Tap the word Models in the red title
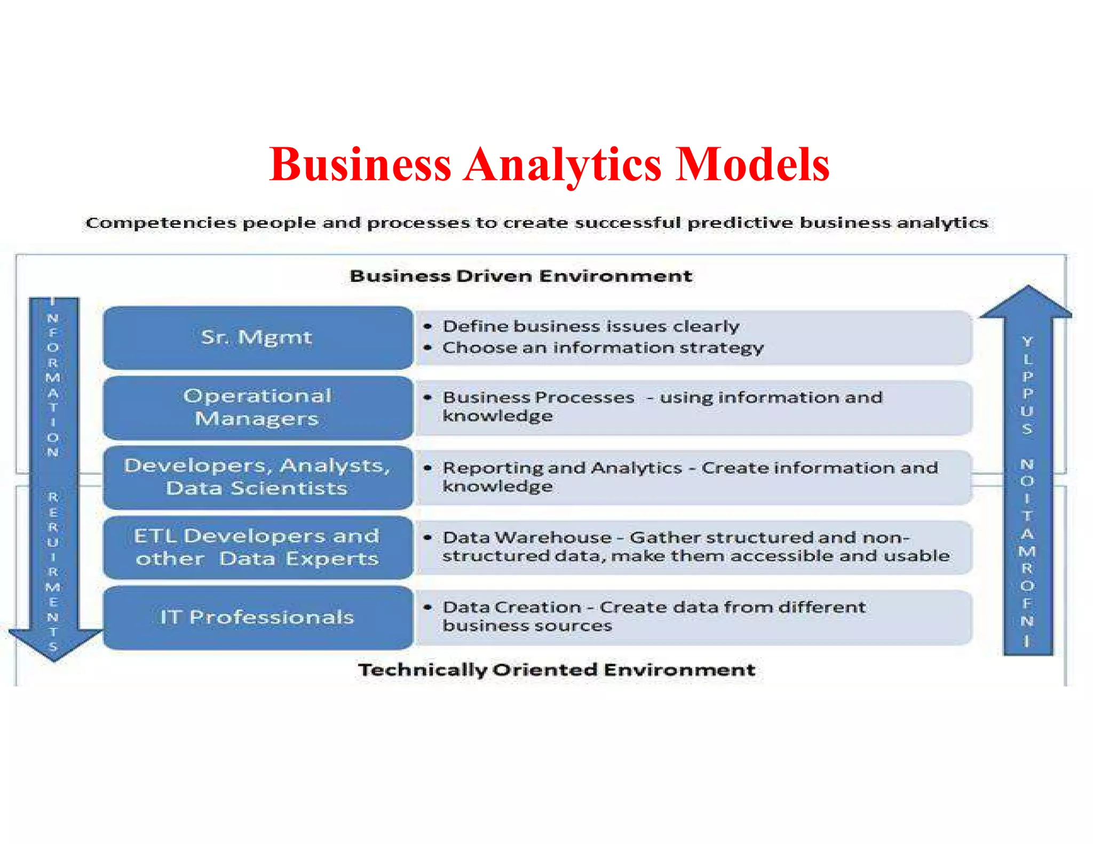(752, 164)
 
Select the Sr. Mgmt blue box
(257, 338)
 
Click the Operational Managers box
(257, 408)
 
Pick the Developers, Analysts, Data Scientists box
(257, 477)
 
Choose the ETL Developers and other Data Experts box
(257, 547)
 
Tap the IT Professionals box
(257, 617)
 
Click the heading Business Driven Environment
(521, 276)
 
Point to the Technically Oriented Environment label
(557, 670)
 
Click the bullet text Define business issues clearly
(591, 326)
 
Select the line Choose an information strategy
(603, 348)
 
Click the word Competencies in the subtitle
(161, 223)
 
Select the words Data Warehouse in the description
(527, 538)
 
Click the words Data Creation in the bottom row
(512, 608)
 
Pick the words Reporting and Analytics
(562, 468)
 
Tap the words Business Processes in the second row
(538, 397)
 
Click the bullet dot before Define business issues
(427, 326)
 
